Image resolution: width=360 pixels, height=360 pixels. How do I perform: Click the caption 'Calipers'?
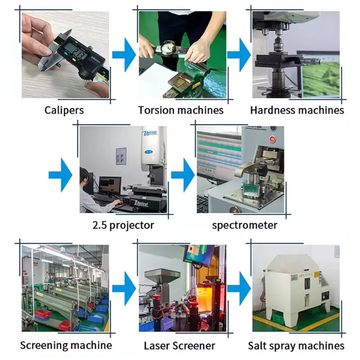64,110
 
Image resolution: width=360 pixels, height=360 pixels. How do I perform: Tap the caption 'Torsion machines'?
180,110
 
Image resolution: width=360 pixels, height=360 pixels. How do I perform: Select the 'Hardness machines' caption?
297,110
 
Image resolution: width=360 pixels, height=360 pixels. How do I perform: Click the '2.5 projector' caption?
123,225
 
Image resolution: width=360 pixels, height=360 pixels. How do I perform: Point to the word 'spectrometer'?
244,225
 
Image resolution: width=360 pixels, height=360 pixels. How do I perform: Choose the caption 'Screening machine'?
66,345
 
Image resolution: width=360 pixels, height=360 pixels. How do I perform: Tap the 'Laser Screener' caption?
180,346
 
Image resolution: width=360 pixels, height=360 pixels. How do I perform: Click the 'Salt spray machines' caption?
296,346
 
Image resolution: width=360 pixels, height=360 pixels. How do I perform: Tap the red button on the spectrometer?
272,139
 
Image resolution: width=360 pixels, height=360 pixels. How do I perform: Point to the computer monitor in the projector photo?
110,185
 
